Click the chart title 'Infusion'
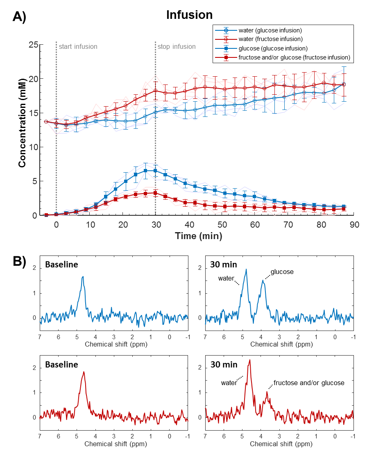click(x=189, y=15)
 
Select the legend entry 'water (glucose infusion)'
click(x=270, y=30)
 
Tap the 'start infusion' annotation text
click(x=78, y=47)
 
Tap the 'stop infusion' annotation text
click(x=177, y=47)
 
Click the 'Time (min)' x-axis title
click(x=199, y=236)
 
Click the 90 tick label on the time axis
click(x=354, y=225)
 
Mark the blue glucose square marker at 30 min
click(x=155, y=171)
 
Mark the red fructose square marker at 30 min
click(x=155, y=193)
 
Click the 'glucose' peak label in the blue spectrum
click(x=283, y=271)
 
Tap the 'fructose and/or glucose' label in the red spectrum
click(x=309, y=383)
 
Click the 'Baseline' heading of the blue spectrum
click(x=61, y=265)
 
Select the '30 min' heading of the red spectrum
click(x=223, y=364)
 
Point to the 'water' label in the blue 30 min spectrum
click(x=226, y=278)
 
